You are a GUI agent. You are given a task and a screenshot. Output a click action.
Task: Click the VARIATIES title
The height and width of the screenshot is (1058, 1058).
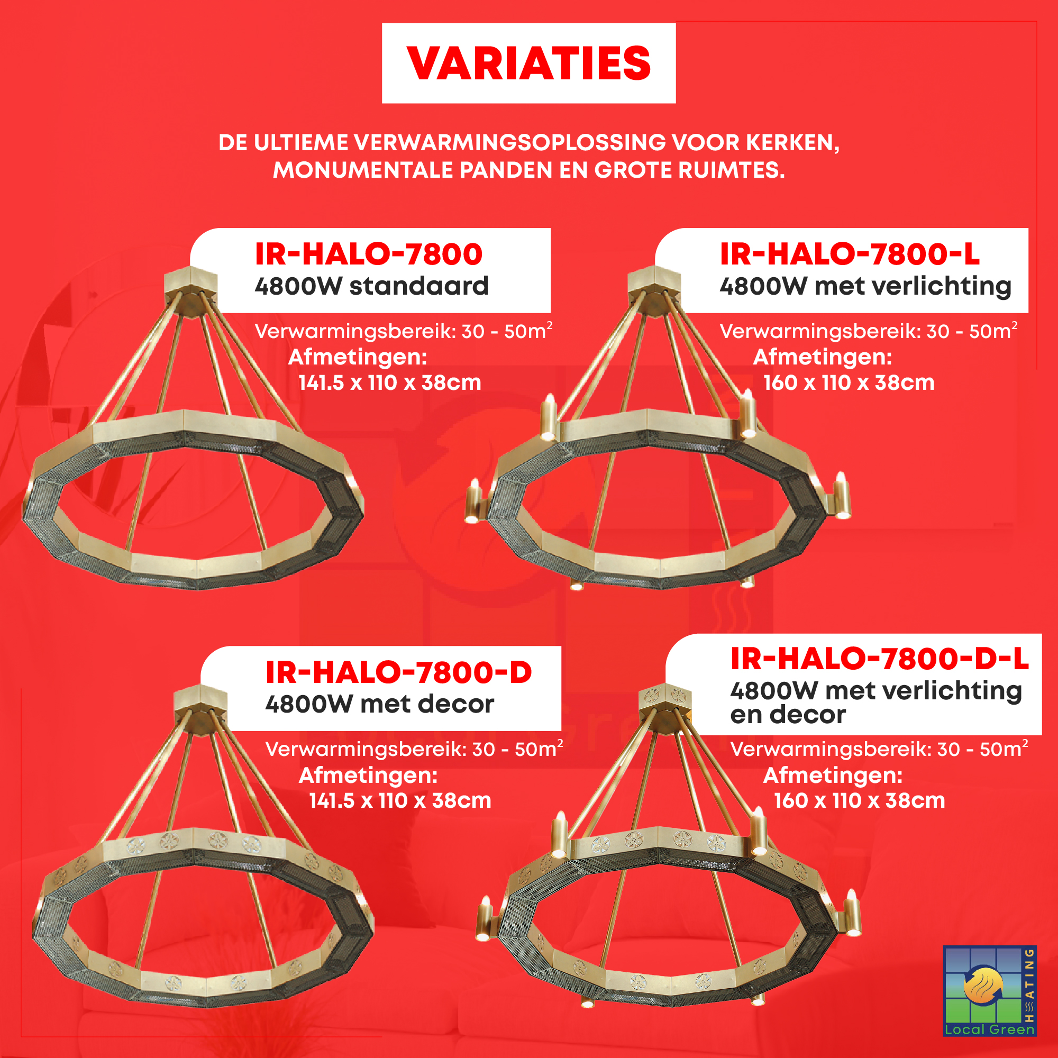[528, 63]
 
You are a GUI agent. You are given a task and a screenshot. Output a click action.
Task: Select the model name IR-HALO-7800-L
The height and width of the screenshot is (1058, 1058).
[850, 254]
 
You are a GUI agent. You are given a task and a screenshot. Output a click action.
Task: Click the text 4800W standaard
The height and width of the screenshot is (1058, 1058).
[371, 286]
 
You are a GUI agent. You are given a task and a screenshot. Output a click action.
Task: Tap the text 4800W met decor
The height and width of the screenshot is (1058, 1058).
[379, 704]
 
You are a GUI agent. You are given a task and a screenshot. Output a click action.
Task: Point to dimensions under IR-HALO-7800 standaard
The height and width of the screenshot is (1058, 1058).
[389, 383]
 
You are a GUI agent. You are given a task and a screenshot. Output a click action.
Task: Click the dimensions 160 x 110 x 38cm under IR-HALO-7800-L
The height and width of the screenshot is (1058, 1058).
[849, 383]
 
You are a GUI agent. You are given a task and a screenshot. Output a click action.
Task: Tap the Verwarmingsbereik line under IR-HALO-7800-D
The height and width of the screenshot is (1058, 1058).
[414, 749]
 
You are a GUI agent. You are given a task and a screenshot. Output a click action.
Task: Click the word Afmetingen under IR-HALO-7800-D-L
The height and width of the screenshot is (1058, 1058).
[832, 776]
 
